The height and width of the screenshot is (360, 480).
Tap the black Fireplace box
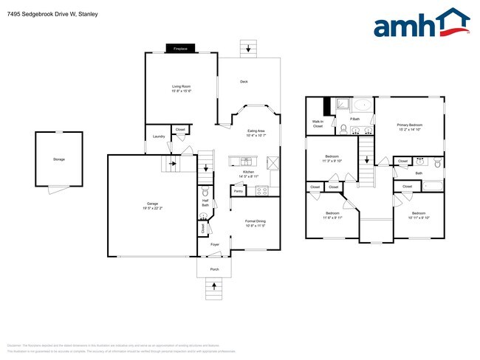[x=180, y=49]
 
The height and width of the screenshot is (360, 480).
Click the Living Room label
[x=182, y=89]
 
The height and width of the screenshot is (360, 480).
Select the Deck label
[x=243, y=81]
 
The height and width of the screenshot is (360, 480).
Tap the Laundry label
[x=158, y=136]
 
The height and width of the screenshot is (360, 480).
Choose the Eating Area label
[x=256, y=132]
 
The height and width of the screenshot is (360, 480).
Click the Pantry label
[x=238, y=190]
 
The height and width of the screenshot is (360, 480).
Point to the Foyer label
[x=215, y=244]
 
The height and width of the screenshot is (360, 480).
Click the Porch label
[x=215, y=269]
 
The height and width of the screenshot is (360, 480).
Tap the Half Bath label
[x=205, y=203]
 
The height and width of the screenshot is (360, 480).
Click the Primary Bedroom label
[x=408, y=127]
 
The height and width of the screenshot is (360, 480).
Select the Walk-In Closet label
[x=318, y=125]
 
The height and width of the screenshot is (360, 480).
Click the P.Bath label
[x=355, y=118]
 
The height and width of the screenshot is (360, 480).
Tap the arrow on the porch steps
[x=215, y=290]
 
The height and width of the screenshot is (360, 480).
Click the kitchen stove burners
[x=261, y=190]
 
